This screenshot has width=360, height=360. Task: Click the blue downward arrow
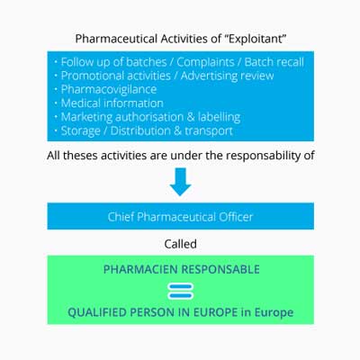180,182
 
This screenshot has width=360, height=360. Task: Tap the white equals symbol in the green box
180,292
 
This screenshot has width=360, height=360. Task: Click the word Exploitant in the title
256,39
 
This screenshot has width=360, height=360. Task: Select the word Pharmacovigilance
109,89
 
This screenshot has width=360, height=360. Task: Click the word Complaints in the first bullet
205,62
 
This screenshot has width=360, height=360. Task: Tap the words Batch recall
274,62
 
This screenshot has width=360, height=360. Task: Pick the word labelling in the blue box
219,117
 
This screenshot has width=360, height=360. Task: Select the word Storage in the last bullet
80,131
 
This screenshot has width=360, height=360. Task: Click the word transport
209,131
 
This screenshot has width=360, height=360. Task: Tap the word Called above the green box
180,244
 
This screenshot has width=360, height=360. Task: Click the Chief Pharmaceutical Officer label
180,217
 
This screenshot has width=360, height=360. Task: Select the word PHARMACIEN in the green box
140,269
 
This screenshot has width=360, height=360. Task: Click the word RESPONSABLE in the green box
220,269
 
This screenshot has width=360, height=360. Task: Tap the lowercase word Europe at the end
274,312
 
